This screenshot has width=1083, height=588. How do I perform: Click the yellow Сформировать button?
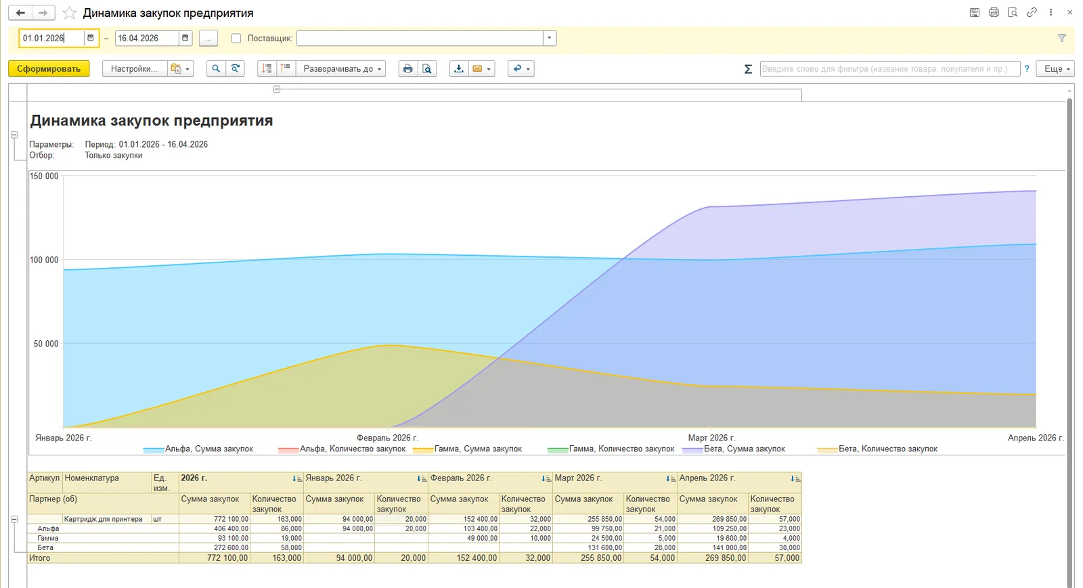(x=49, y=68)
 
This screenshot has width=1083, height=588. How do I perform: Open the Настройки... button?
(x=135, y=68)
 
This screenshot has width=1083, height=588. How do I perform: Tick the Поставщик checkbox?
(x=236, y=38)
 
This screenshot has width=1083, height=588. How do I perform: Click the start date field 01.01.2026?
(x=52, y=38)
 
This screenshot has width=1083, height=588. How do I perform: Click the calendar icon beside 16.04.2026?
(x=185, y=38)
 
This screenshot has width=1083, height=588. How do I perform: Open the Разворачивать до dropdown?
(x=341, y=68)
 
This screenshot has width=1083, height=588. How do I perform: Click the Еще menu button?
(x=1055, y=68)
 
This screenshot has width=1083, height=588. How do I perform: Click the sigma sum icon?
(x=748, y=69)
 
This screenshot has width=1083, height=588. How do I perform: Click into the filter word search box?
(x=889, y=68)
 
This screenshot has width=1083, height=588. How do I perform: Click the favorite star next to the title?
(x=70, y=13)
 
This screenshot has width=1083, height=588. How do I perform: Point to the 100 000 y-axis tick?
(x=44, y=260)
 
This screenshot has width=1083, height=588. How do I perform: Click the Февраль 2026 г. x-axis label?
(x=387, y=438)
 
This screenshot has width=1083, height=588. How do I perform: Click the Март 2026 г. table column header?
(x=578, y=478)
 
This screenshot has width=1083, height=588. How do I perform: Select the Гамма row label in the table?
(x=48, y=538)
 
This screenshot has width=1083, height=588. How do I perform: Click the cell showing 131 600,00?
(x=604, y=547)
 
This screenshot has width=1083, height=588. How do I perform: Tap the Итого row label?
(x=40, y=558)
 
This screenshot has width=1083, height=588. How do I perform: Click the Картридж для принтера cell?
(x=103, y=519)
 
